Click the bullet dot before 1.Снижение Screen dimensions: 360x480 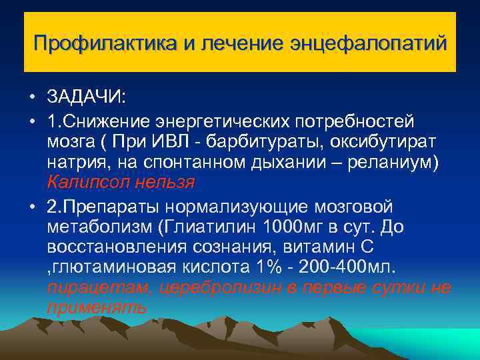click(32, 121)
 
